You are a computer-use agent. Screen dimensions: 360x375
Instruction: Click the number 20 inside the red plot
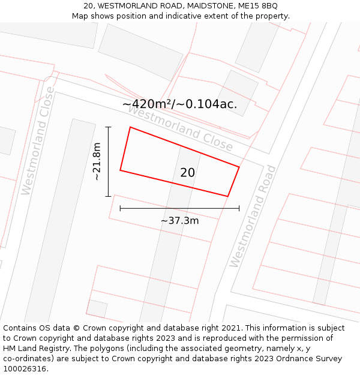187,173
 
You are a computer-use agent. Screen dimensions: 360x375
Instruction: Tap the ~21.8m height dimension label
97,161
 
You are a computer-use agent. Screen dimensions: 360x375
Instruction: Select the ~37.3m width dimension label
179,220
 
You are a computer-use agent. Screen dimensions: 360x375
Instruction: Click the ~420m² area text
147,104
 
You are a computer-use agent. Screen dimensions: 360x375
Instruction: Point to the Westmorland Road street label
253,216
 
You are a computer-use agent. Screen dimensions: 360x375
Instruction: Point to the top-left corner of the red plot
130,127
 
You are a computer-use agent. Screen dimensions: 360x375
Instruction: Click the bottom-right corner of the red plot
227,196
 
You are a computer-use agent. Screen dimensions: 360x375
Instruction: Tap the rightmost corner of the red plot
239,167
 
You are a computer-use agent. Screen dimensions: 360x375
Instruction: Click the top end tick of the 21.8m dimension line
109,127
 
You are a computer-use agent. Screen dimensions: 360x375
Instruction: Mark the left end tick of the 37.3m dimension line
121,208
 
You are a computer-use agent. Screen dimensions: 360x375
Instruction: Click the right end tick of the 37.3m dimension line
239,208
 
